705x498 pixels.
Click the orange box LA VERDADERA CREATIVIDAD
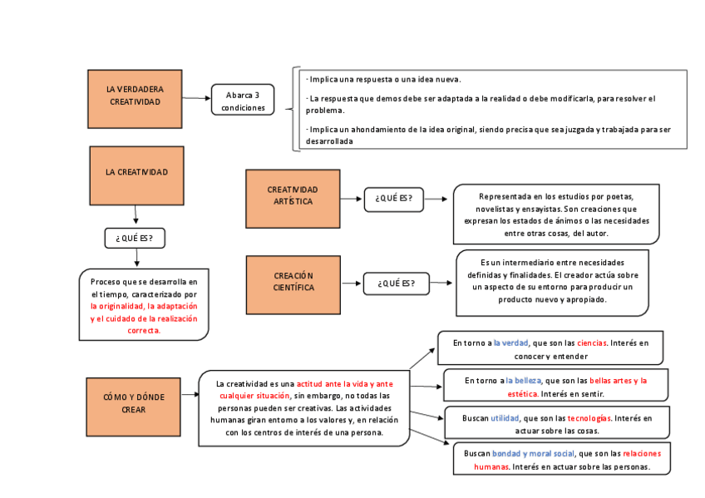pyautogui.click(x=135, y=98)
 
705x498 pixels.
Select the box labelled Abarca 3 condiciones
pyautogui.click(x=243, y=101)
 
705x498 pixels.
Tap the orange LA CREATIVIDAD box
pyautogui.click(x=136, y=175)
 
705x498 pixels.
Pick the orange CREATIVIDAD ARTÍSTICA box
pyautogui.click(x=293, y=198)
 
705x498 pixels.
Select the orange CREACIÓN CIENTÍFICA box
pyautogui.click(x=293, y=284)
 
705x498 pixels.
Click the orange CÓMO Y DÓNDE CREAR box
pyautogui.click(x=134, y=406)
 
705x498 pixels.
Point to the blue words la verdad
pyautogui.click(x=510, y=343)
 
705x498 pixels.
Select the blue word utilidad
pyautogui.click(x=505, y=418)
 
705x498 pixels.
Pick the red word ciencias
pyautogui.click(x=591, y=343)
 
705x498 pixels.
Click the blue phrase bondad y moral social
pyautogui.click(x=533, y=454)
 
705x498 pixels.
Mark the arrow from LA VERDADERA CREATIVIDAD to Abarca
pyautogui.click(x=197, y=98)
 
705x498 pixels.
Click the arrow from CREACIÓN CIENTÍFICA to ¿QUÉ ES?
pyautogui.click(x=352, y=284)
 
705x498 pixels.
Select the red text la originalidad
pyautogui.click(x=116, y=306)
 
